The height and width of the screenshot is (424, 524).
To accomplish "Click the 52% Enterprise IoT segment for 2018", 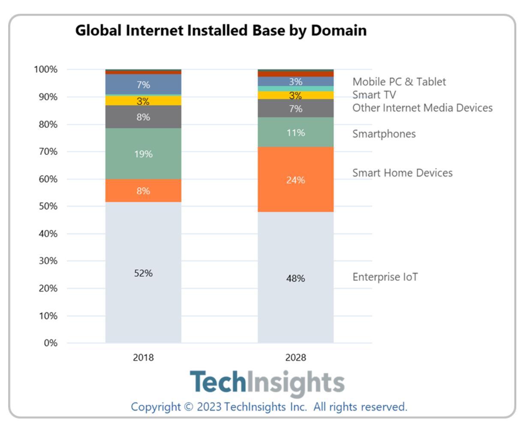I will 143,273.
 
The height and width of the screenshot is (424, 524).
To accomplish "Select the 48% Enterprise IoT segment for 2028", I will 295,278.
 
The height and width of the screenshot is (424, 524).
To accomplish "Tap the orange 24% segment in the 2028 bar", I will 295,180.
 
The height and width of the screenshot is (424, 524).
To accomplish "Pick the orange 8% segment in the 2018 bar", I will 143,191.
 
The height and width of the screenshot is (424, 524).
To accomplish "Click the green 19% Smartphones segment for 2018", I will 143,153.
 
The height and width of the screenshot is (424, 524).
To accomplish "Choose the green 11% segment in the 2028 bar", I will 295,132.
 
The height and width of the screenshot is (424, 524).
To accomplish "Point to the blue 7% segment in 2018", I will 143,84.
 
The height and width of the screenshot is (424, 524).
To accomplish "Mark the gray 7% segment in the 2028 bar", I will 295,108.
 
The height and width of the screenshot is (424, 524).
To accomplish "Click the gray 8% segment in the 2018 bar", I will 143,117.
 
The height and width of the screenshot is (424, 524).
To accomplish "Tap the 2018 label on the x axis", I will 143,358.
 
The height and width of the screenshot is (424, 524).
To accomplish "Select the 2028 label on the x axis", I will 295,358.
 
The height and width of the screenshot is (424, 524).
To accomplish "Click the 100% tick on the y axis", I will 46,69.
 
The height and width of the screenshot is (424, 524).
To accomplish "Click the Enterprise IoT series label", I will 385,277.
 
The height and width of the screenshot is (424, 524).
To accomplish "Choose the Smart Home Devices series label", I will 402,173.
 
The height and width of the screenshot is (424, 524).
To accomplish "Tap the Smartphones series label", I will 384,134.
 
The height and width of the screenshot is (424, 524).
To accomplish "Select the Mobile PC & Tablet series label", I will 399,81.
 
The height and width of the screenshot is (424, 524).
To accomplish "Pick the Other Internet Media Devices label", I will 422,108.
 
